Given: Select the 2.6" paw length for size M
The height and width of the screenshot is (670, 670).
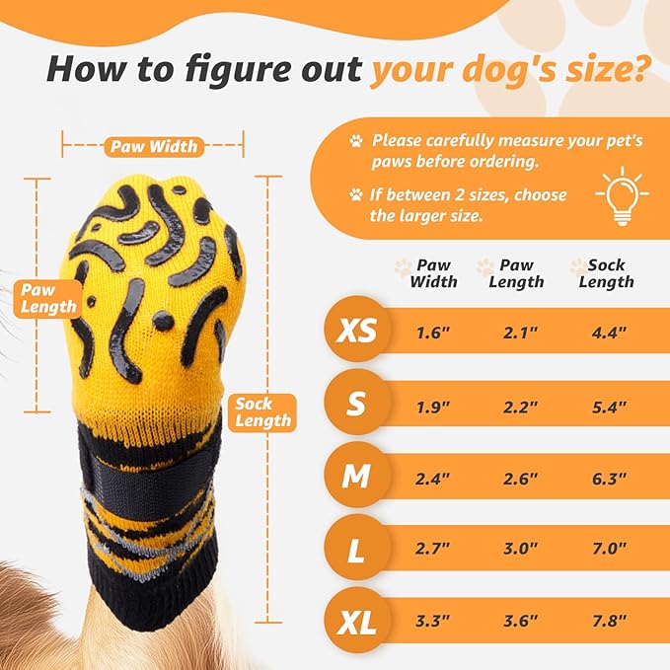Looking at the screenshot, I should coord(520,478).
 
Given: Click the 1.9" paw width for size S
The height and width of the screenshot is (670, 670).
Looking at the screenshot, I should coord(433,406).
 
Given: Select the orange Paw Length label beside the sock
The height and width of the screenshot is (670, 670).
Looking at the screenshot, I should coord(45,297).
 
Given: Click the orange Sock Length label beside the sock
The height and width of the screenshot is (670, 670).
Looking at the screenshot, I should coord(261,411).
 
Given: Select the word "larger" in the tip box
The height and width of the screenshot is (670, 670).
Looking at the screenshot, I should coord(430,216).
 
